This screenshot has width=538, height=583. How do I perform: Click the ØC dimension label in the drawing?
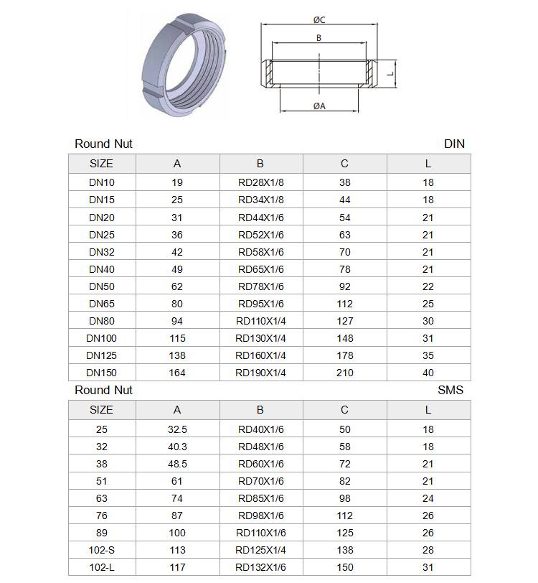(319, 19)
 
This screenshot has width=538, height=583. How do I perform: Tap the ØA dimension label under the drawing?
(319, 106)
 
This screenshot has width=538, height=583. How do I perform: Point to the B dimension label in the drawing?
(318, 38)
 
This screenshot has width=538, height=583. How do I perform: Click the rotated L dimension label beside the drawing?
(390, 74)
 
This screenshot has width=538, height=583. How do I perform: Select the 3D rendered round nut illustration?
(184, 65)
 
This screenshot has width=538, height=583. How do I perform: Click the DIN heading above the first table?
(454, 144)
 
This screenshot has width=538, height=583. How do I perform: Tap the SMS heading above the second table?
(450, 390)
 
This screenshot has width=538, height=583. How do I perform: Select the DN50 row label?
(102, 286)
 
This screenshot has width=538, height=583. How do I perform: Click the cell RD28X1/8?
(261, 182)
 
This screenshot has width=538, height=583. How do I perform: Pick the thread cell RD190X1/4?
(261, 373)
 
